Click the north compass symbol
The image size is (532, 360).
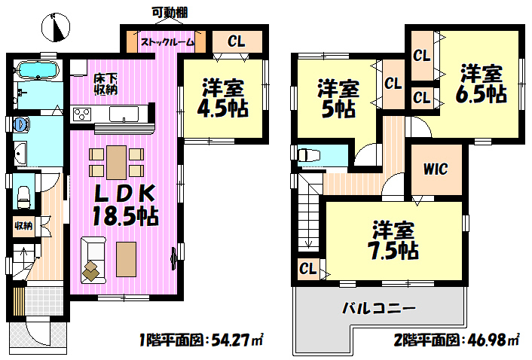(56, 27)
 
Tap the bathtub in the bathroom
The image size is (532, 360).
(37, 70)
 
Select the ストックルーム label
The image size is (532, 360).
(167, 42)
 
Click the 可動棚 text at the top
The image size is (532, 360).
(170, 13)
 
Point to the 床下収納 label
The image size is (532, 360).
(105, 84)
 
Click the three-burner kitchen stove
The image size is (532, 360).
(82, 114)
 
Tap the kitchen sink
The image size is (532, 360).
(124, 114)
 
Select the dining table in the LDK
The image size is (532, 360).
(116, 163)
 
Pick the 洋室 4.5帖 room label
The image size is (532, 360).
(223, 98)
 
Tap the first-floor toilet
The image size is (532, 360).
(24, 197)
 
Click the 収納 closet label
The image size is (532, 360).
(23, 225)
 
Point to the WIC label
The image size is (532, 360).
(436, 169)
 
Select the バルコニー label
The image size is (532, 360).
(378, 308)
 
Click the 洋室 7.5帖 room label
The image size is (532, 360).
(393, 240)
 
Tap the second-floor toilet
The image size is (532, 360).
(309, 156)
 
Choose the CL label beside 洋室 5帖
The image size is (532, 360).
(393, 84)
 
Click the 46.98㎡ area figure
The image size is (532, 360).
(491, 340)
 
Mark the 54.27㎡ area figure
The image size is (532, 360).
(237, 340)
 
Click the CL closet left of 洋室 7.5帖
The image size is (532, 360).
(308, 269)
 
